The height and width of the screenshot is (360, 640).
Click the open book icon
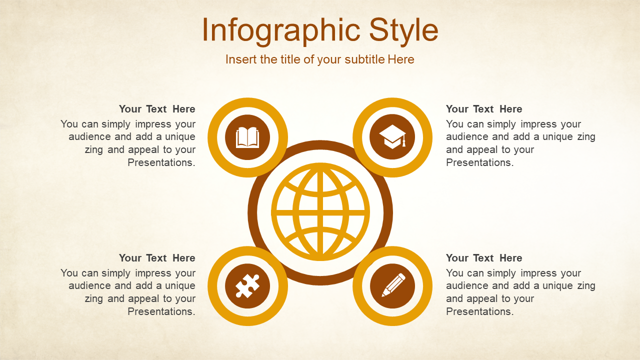(247, 137)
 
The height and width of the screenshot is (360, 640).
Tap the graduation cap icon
(392, 137)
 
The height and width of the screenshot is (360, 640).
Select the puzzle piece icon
(247, 286)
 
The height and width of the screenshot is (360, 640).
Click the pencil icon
(393, 285)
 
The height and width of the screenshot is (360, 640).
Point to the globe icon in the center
(320, 212)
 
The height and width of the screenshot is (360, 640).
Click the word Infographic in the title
(281, 30)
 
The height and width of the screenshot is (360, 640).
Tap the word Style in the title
(403, 30)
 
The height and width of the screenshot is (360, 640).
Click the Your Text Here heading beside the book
(157, 109)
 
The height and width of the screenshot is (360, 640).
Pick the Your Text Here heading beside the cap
(484, 109)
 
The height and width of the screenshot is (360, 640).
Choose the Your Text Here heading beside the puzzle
(157, 258)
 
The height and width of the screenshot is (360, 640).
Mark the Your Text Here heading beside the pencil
(484, 258)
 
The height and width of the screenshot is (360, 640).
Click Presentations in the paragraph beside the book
(161, 162)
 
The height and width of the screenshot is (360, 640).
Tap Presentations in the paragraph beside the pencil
(480, 311)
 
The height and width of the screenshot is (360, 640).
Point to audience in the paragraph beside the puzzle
(89, 285)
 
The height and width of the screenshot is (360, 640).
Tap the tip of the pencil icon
(383, 295)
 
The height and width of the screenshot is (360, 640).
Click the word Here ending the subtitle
(401, 59)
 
